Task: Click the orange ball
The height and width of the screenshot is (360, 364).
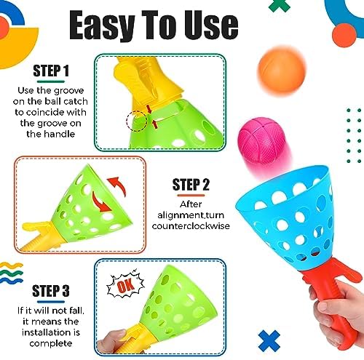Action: (x=282, y=70)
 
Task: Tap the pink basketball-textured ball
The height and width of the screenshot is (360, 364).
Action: (x=261, y=141)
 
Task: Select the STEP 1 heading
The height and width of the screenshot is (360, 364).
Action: (x=51, y=71)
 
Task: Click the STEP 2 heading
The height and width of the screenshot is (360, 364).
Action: (x=191, y=185)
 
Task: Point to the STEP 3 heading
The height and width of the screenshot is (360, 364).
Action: (x=51, y=290)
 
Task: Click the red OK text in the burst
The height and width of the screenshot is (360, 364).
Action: (x=125, y=285)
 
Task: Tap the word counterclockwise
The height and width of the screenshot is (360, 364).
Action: (x=191, y=226)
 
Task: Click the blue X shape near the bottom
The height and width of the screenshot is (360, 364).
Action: (x=269, y=340)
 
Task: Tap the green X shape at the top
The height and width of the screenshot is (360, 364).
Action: (x=280, y=5)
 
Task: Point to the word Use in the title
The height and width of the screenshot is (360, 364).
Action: (x=211, y=25)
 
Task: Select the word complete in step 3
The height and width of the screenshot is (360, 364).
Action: (x=51, y=343)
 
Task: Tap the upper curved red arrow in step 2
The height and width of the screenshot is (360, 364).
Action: (x=117, y=185)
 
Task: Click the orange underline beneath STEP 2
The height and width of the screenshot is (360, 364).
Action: (x=191, y=196)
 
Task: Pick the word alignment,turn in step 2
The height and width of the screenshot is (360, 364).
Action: (x=191, y=215)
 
